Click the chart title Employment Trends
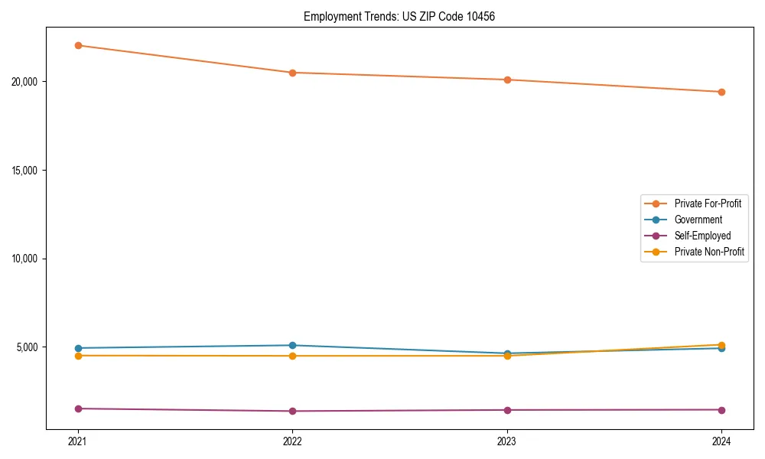pyautogui.click(x=399, y=16)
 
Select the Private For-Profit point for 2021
pyautogui.click(x=78, y=45)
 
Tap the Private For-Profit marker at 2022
pyautogui.click(x=292, y=73)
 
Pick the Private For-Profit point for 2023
pyautogui.click(x=507, y=80)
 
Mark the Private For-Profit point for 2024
pyautogui.click(x=721, y=92)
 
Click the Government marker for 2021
pyautogui.click(x=78, y=348)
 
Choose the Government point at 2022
pyautogui.click(x=292, y=345)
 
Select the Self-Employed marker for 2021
pyautogui.click(x=78, y=409)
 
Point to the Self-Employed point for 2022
pyautogui.click(x=292, y=411)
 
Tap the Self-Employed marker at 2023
pyautogui.click(x=507, y=410)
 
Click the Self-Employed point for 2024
pyautogui.click(x=721, y=409)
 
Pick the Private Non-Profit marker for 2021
pyautogui.click(x=78, y=356)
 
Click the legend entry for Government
pyautogui.click(x=698, y=220)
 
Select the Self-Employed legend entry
pyautogui.click(x=702, y=236)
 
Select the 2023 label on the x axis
pyautogui.click(x=507, y=441)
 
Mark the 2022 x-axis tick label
pyautogui.click(x=292, y=441)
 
